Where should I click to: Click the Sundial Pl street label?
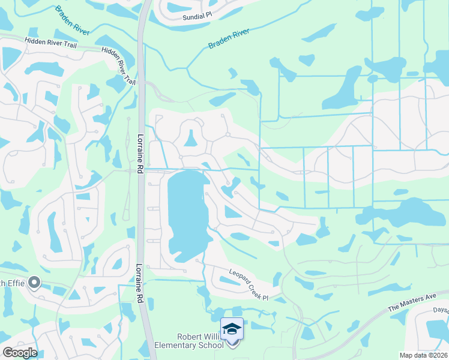[199, 17]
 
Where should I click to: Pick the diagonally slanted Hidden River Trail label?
[119, 65]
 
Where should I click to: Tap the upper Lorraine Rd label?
[140, 154]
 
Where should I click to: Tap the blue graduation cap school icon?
[232, 329]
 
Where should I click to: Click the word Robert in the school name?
[191, 337]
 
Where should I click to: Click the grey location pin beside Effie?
[34, 281]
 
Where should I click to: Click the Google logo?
[19, 352]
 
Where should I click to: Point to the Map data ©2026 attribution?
[423, 355]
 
